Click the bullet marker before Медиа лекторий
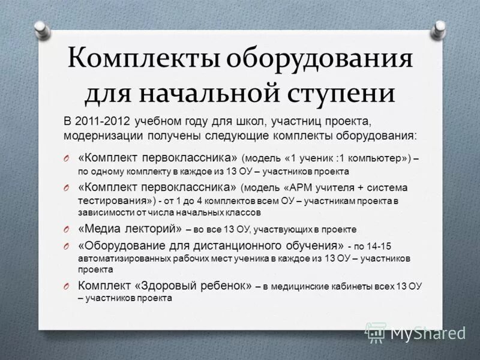(x=68, y=229)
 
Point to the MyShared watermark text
(x=428, y=332)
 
